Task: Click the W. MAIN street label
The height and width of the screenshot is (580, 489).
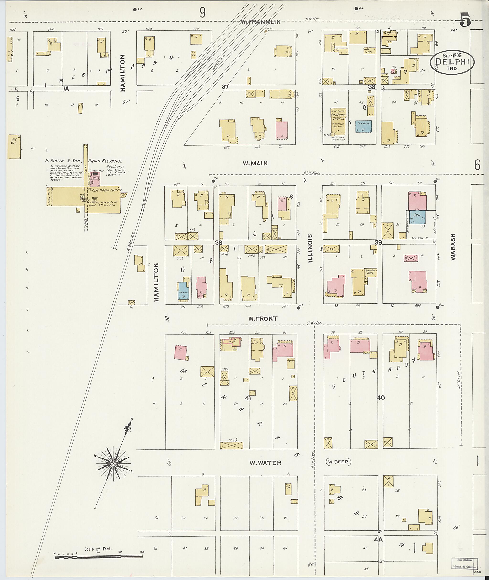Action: tap(255, 163)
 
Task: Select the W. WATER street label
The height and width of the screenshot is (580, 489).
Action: tap(265, 463)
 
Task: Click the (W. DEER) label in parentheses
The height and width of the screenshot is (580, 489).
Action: tap(338, 462)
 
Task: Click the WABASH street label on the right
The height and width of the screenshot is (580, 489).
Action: tap(453, 246)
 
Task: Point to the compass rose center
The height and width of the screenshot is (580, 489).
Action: tap(113, 463)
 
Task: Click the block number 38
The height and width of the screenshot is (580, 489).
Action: tap(219, 242)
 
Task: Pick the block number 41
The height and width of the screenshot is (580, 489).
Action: tap(248, 398)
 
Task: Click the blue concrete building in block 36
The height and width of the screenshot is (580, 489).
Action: tap(363, 126)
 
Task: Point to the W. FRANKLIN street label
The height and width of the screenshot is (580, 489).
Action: tap(260, 22)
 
